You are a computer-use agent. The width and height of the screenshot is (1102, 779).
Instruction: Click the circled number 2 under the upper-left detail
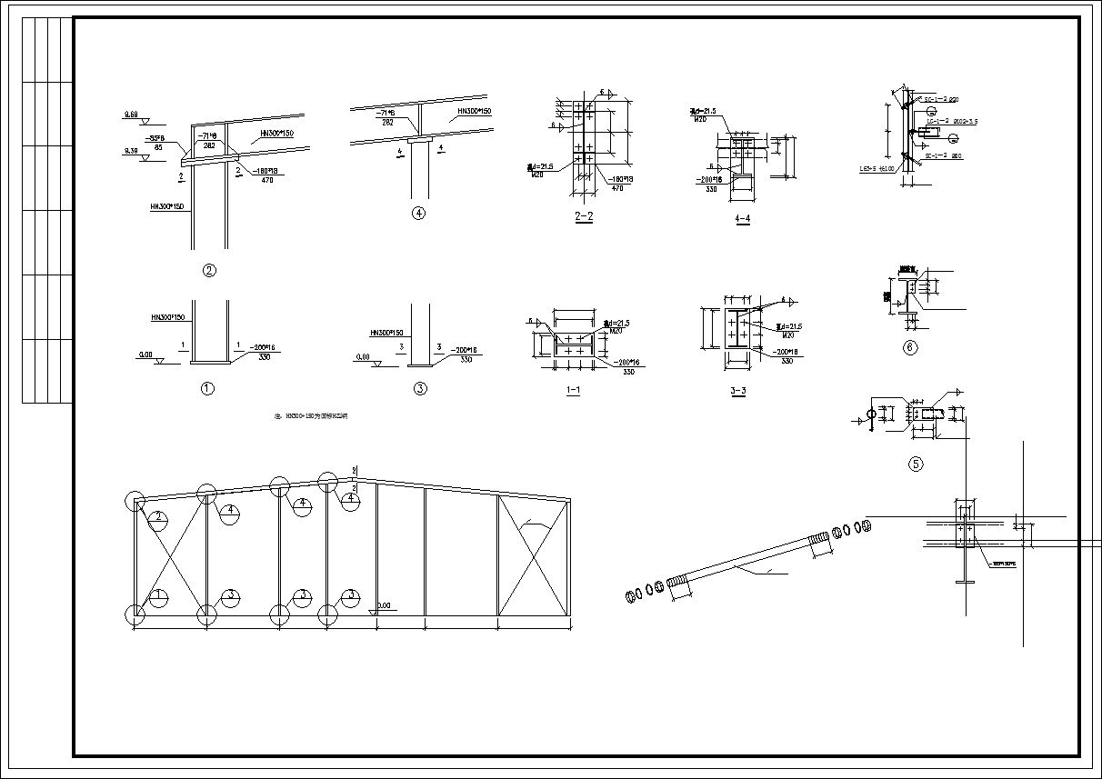(209, 270)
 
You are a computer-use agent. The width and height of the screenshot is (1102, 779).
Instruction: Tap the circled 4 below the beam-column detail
(418, 214)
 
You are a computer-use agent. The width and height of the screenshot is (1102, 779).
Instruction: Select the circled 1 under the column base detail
(207, 389)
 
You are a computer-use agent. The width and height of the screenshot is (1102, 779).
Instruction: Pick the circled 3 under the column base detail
(420, 389)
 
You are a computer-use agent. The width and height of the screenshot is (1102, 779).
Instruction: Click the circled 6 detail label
(910, 346)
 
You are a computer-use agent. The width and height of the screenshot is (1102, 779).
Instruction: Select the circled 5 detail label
(916, 464)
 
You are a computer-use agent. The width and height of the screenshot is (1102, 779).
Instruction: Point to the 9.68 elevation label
(131, 115)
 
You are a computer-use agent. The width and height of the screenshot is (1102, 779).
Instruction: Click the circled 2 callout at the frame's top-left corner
(158, 517)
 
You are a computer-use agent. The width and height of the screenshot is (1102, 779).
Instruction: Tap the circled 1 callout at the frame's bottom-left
(158, 595)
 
